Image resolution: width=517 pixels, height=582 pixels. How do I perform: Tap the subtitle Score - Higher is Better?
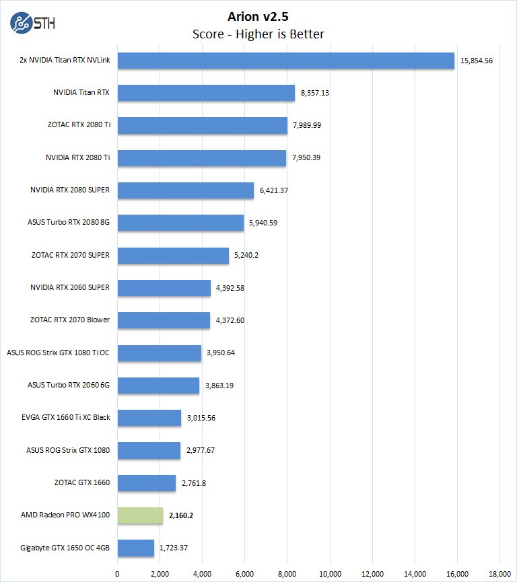(x=258, y=34)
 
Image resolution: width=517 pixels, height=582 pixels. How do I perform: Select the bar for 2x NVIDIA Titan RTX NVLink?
(x=286, y=61)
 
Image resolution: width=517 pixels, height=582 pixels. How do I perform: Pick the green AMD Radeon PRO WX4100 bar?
(x=141, y=515)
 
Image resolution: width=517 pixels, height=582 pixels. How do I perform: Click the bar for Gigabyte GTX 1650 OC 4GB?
(x=136, y=548)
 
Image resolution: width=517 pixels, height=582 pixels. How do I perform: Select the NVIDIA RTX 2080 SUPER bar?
(x=186, y=190)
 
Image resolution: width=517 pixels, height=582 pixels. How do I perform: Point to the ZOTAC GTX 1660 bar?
(x=147, y=483)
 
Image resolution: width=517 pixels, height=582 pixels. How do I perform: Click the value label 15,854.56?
(x=477, y=61)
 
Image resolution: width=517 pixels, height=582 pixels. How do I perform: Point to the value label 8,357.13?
(x=314, y=93)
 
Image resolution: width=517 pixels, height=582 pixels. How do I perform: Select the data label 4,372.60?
(x=230, y=320)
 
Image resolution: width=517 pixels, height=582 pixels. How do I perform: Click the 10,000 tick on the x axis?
(x=330, y=573)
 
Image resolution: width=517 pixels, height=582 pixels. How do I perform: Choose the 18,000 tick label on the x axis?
(x=499, y=573)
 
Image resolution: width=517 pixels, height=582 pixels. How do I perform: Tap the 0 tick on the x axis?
(x=118, y=573)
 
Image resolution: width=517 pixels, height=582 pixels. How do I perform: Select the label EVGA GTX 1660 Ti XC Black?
(x=66, y=417)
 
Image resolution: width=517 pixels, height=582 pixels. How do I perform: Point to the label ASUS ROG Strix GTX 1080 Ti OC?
(x=58, y=353)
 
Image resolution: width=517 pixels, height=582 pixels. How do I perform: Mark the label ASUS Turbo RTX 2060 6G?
(x=69, y=385)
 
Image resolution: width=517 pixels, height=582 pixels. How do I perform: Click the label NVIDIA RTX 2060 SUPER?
(x=70, y=288)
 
